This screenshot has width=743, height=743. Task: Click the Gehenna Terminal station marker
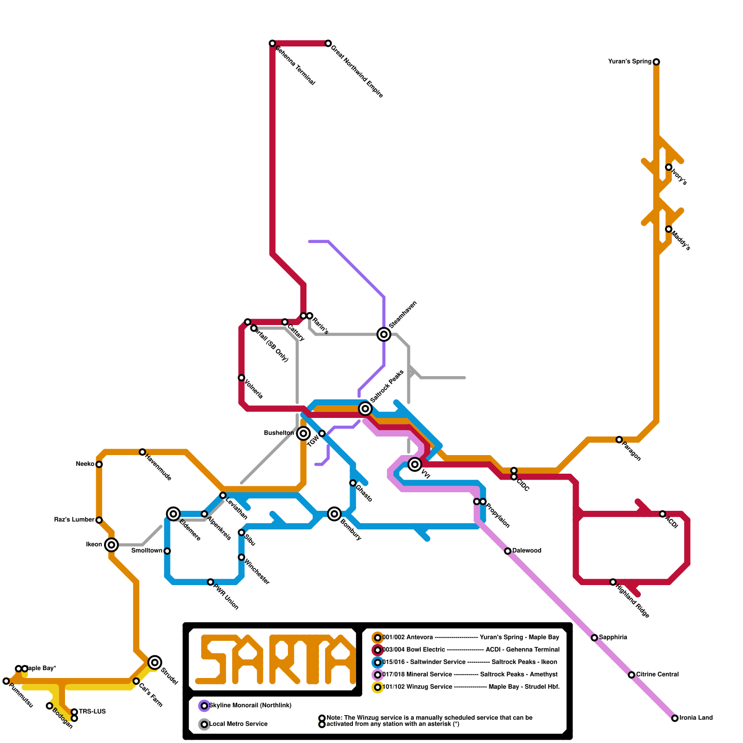click(273, 43)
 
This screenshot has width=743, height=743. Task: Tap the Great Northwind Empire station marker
click(328, 43)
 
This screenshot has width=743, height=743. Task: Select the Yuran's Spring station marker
click(656, 62)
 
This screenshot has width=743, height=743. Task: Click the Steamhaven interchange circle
click(384, 334)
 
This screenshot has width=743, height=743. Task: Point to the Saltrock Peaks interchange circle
click(365, 409)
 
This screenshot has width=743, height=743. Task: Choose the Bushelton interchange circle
click(303, 433)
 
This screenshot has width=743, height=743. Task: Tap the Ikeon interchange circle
click(111, 545)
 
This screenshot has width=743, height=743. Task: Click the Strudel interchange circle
click(155, 662)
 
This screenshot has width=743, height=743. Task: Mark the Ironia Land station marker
click(675, 718)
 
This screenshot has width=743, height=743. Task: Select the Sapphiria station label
click(613, 638)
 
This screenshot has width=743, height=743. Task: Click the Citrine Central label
click(658, 675)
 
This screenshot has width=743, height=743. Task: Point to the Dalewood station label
click(527, 551)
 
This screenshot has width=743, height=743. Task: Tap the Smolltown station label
click(147, 551)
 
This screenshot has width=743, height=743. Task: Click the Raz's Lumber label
click(74, 520)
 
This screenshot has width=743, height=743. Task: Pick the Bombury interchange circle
click(334, 514)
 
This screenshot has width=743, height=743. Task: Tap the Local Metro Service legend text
click(238, 724)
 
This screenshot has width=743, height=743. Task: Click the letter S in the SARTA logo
click(213, 659)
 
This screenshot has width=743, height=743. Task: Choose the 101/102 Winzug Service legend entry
click(417, 687)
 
